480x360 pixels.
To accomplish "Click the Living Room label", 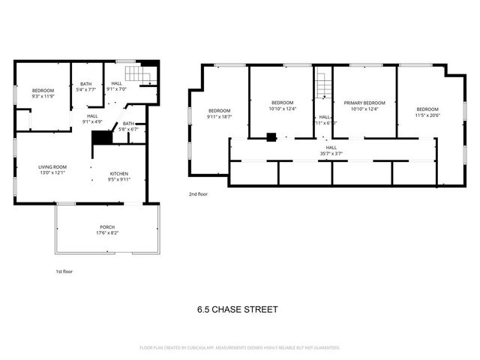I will [x=52, y=166].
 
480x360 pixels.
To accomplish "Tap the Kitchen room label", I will [x=119, y=173].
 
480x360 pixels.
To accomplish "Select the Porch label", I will [x=107, y=226].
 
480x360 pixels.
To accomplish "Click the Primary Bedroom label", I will [x=364, y=103].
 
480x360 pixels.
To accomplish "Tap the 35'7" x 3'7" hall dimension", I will [x=331, y=154].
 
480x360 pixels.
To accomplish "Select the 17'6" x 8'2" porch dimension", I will [x=107, y=232].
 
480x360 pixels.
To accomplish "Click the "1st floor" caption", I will [x=64, y=271].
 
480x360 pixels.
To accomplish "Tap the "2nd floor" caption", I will [x=198, y=193].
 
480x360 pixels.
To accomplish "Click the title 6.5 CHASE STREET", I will [x=237, y=308].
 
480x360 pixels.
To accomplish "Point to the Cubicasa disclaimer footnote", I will [x=240, y=348].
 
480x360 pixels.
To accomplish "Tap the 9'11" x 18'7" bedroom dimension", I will [x=220, y=115].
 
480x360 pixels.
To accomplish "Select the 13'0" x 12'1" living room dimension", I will [x=52, y=173].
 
